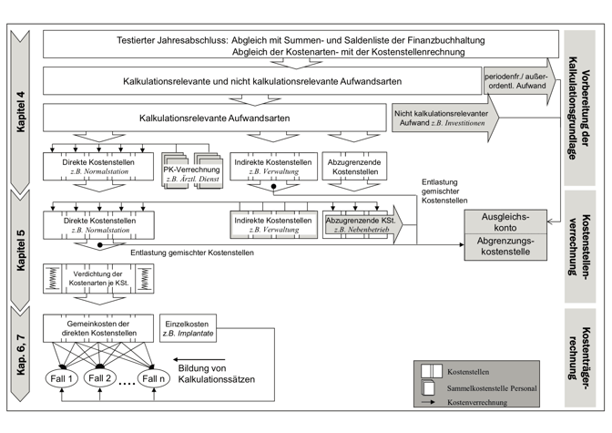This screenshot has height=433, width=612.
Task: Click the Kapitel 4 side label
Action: tap(20, 107)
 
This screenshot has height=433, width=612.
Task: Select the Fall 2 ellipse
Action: tap(103, 376)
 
